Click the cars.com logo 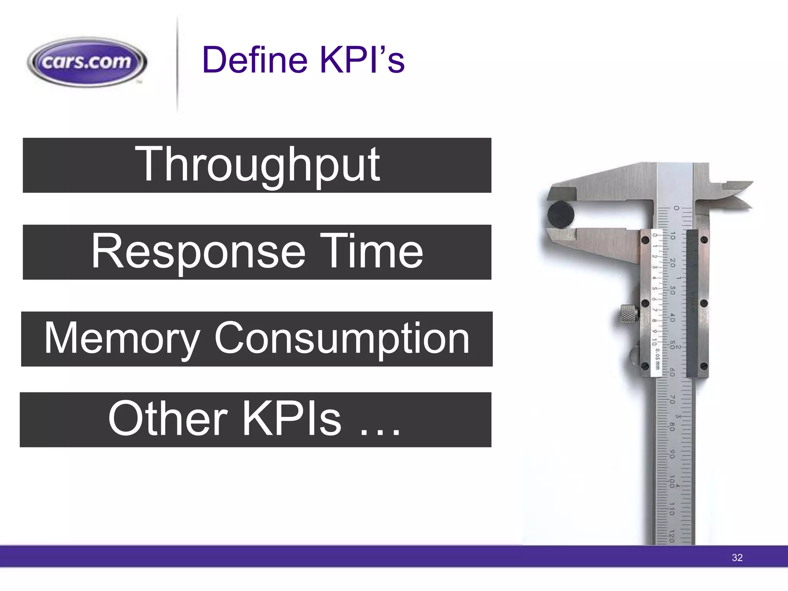(87, 62)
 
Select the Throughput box (257, 165)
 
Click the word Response (198, 252)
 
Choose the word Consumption (342, 339)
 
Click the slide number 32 (737, 558)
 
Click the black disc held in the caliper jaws (561, 214)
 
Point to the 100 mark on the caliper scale (672, 481)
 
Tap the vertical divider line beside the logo (177, 63)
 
